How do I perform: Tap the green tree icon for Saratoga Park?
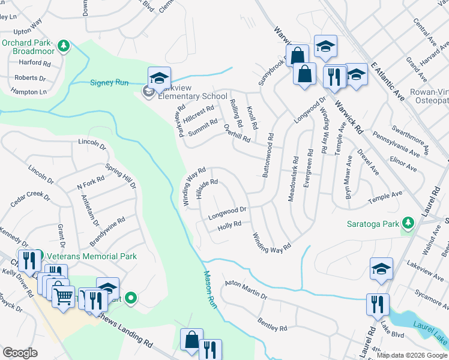pos(408,224)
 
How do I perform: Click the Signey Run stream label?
pos(109,83)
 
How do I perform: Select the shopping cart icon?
pos(63,295)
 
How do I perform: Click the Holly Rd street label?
pos(229,226)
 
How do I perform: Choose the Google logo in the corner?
pos(20,353)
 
